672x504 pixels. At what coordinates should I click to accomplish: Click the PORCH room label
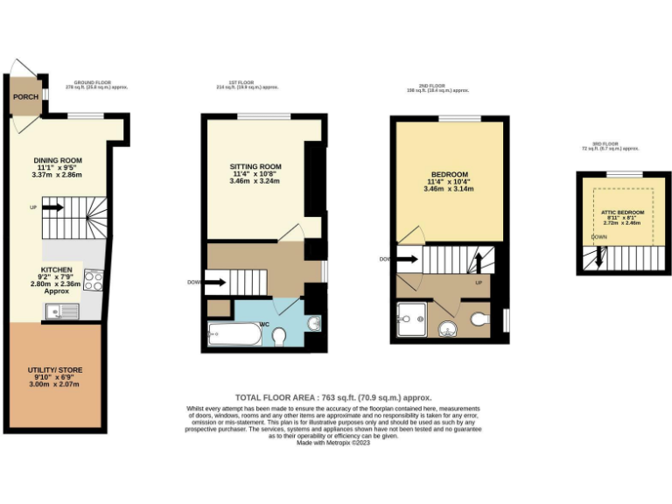25,96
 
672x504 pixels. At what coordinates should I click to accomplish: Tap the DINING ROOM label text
58,161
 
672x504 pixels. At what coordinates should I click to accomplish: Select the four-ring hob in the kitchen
94,280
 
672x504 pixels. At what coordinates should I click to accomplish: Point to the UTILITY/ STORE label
54,370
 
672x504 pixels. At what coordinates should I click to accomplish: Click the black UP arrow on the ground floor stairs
52,207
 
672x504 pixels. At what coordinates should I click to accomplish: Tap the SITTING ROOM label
255,166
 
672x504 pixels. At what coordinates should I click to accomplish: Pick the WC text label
263,324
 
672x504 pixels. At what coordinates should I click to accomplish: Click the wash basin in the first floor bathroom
314,325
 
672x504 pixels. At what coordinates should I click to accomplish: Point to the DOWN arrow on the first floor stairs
216,282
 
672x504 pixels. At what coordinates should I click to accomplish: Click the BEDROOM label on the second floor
449,173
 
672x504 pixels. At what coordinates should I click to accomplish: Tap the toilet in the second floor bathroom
479,320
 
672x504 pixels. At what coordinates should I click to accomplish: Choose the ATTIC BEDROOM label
622,213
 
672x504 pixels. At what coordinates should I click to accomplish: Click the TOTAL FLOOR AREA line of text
333,397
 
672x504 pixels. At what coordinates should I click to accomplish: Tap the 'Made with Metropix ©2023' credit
333,443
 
